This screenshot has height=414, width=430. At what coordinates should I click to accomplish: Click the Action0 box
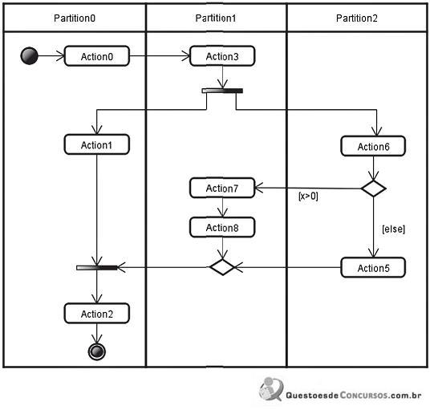pos(97,56)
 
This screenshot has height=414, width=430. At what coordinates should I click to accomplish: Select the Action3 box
pos(222,56)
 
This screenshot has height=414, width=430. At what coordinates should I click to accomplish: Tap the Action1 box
pos(97,144)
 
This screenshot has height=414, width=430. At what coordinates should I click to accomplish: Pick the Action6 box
pos(373,146)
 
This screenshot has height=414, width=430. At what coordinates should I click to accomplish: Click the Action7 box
pos(222,188)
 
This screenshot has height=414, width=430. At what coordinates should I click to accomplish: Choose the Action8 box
pos(222,227)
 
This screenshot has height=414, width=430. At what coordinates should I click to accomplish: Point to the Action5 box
pos(373,267)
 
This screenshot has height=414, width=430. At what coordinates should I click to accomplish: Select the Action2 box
pos(97,314)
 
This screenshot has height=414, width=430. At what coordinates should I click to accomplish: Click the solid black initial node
pos(30,56)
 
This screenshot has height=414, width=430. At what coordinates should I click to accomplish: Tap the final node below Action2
pos(97,351)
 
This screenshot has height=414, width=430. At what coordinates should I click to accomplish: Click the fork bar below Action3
pos(222,91)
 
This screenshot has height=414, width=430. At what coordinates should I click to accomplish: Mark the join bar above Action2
pos(97,268)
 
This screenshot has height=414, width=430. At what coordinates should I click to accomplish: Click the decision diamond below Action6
pos(374,189)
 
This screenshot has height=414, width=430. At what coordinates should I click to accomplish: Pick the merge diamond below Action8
pos(222,267)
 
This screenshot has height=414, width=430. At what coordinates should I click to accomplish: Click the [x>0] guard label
pos(308,196)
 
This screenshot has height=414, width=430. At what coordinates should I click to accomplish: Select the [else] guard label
pos(394,229)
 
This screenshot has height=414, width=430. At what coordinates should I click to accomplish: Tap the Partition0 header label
pos(75,18)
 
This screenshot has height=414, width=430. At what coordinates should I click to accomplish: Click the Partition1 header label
pos(216,18)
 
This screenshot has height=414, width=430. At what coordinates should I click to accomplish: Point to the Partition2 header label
pos(357,18)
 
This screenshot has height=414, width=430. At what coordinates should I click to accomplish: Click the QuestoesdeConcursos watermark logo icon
pos(271,389)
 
